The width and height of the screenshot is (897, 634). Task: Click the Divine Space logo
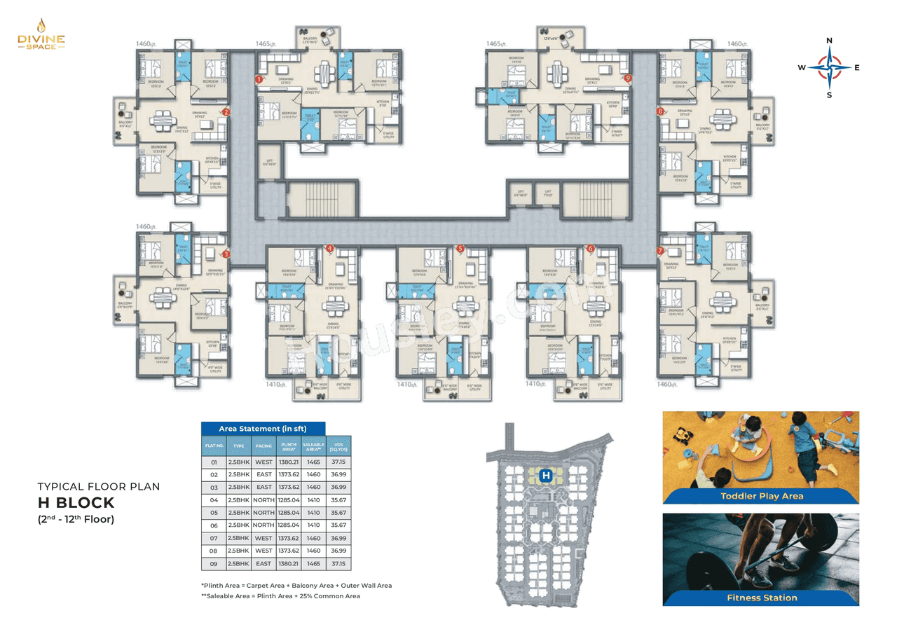click(41, 34)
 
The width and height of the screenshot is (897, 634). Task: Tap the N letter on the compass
click(830, 41)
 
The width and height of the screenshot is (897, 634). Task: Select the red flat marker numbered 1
click(259, 80)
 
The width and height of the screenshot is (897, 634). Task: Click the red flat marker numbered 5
click(460, 248)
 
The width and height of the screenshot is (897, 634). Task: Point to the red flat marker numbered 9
click(629, 78)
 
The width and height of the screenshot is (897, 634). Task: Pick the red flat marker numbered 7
click(660, 250)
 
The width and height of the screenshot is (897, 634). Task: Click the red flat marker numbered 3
click(226, 254)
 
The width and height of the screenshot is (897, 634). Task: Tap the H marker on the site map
click(546, 476)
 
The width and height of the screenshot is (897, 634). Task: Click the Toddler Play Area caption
click(762, 496)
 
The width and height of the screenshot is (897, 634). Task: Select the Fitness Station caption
click(762, 598)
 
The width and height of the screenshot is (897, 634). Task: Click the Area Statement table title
click(263, 428)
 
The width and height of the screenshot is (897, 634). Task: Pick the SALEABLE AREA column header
click(313, 445)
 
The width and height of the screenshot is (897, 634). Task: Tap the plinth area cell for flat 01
click(288, 462)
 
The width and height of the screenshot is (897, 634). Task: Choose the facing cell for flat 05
click(263, 513)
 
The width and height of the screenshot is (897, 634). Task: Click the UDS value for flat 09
click(338, 563)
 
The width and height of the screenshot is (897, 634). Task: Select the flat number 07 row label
click(214, 538)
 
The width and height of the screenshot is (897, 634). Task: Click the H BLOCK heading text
click(76, 503)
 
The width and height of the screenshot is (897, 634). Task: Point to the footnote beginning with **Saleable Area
click(280, 595)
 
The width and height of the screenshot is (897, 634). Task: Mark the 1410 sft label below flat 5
click(409, 384)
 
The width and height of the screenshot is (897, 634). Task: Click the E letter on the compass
click(857, 68)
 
